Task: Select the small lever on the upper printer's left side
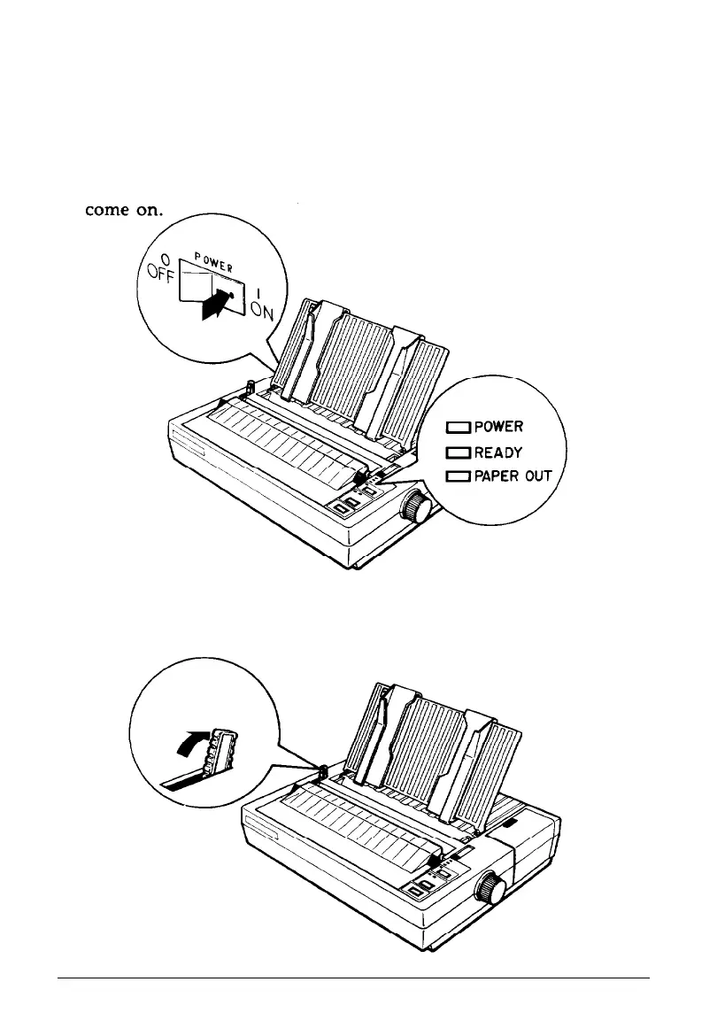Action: (250, 388)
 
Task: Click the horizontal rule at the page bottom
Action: (354, 978)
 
